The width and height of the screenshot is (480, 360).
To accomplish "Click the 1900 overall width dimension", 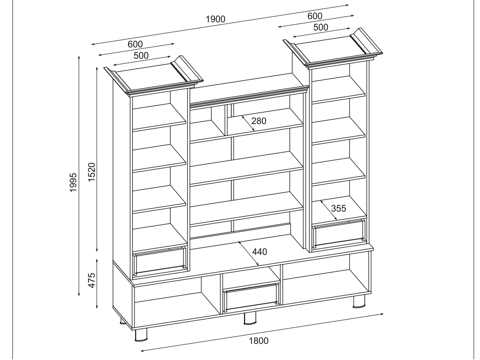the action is [215, 19].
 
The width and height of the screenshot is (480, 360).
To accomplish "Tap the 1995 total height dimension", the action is [73, 182].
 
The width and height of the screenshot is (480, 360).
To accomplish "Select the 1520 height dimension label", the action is [92, 172].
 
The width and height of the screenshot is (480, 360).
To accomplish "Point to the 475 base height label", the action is [92, 280].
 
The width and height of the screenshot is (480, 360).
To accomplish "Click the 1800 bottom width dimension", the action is [259, 341].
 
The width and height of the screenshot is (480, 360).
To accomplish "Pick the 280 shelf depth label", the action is [259, 121].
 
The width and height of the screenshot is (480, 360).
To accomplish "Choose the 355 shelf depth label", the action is [338, 208].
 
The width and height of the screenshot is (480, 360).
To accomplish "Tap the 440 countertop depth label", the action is [259, 252].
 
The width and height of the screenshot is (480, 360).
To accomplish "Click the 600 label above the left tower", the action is [135, 44].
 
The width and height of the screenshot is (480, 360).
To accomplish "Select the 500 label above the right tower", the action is [321, 27].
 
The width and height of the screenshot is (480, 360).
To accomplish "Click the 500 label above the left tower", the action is [141, 55].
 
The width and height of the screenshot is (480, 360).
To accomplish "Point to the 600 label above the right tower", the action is [315, 16].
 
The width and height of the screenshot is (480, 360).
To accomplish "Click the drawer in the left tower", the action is [160, 261].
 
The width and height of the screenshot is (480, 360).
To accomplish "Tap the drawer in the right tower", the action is [339, 233].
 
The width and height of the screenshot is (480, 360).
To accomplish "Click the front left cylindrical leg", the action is [141, 335].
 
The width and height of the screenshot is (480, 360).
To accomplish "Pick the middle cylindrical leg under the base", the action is [250, 318].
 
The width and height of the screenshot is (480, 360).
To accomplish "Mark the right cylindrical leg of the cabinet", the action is [359, 301].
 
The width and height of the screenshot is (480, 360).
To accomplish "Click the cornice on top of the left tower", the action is [153, 76].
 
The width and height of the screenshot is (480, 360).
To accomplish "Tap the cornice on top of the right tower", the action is [333, 48].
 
